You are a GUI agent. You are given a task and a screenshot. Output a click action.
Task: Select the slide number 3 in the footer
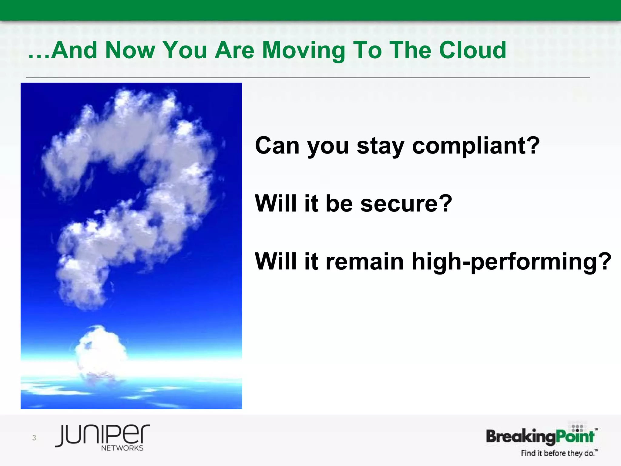point(34,437)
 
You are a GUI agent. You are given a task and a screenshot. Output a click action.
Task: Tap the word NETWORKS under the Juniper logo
point(122,448)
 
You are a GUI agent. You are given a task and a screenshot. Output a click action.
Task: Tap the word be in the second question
point(339,203)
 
